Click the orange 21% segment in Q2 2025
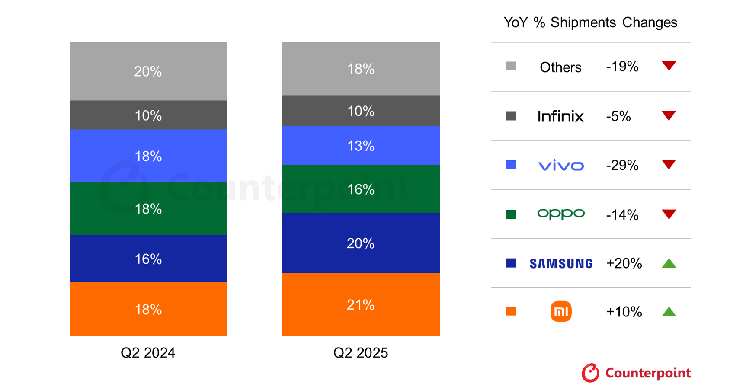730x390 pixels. point(361,304)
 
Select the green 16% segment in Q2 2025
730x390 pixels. point(361,189)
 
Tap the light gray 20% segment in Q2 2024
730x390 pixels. point(148,71)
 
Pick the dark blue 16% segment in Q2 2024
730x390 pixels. point(148,259)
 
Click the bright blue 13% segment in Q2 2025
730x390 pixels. point(361,146)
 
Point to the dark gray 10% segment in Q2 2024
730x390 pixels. point(148,115)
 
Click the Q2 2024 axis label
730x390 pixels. point(148,353)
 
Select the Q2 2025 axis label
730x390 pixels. point(361,353)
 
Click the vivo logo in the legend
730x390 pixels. point(561,166)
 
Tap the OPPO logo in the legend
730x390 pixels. point(561,214)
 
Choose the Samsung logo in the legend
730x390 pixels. point(561,263)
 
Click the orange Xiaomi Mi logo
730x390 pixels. point(561,311)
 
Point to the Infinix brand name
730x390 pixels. point(560,116)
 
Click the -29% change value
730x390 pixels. point(622,165)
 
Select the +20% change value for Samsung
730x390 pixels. point(624,263)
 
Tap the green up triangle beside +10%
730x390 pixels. point(669,312)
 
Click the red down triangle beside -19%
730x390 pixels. point(669,66)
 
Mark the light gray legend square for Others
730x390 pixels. point(511,66)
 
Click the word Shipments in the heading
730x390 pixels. point(583,22)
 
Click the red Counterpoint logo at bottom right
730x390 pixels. point(636,373)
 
